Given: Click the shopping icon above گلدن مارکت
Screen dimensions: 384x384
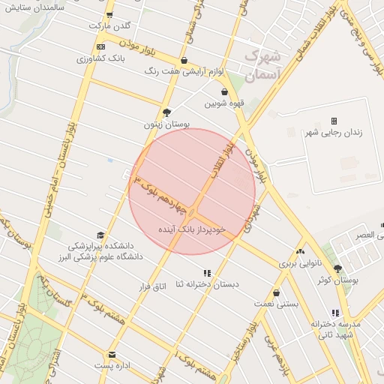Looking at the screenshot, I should coord(110,15).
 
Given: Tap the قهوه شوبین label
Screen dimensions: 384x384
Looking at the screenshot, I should coord(224,103).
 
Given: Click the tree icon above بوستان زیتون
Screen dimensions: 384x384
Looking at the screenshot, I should coord(166,112).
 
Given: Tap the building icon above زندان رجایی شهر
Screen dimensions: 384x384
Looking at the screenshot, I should coord(334,121).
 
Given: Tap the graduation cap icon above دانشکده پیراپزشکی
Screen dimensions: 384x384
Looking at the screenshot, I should coord(100,235).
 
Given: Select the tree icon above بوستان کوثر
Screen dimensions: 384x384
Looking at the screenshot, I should coord(337,268).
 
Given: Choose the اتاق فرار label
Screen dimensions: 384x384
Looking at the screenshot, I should coord(151,286).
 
